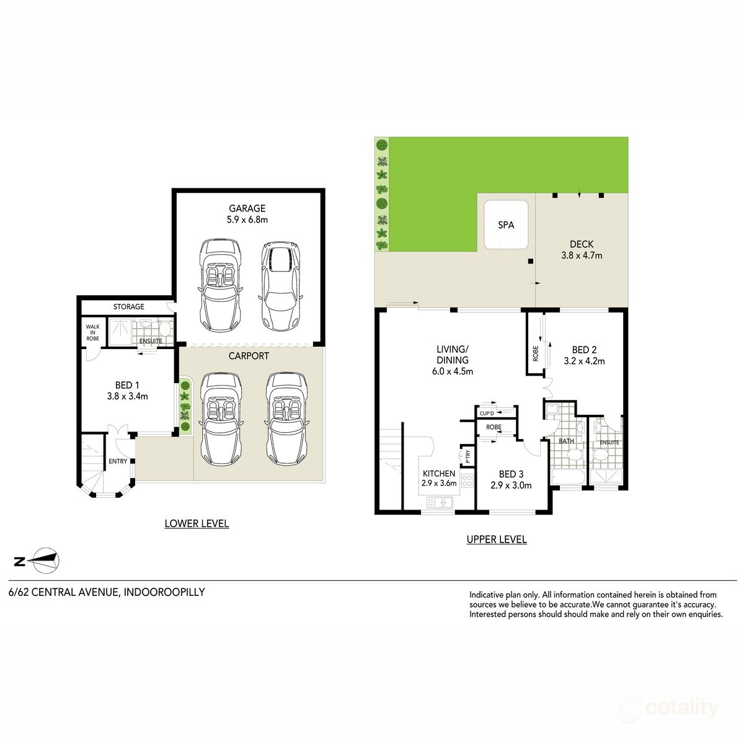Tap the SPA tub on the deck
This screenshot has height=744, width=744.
(506, 224)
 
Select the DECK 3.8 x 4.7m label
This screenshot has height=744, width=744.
(581, 249)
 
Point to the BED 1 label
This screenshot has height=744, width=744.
(127, 391)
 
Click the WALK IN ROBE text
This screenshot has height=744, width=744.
(92, 332)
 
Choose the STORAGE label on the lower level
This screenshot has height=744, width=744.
(128, 307)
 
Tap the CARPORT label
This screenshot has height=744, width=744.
(249, 356)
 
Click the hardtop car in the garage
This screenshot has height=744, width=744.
(280, 285)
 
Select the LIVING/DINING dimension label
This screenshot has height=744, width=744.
(453, 360)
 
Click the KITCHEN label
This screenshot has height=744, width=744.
(439, 478)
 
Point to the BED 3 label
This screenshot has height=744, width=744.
(511, 479)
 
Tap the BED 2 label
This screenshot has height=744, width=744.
(584, 355)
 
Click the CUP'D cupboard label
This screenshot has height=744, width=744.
(487, 414)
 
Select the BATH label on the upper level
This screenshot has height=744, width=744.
(566, 441)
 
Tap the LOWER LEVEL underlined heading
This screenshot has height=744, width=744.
(197, 524)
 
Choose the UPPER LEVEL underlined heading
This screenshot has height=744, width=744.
(497, 539)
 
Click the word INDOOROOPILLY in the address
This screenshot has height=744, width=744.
(164, 592)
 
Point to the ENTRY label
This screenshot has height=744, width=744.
(118, 461)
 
